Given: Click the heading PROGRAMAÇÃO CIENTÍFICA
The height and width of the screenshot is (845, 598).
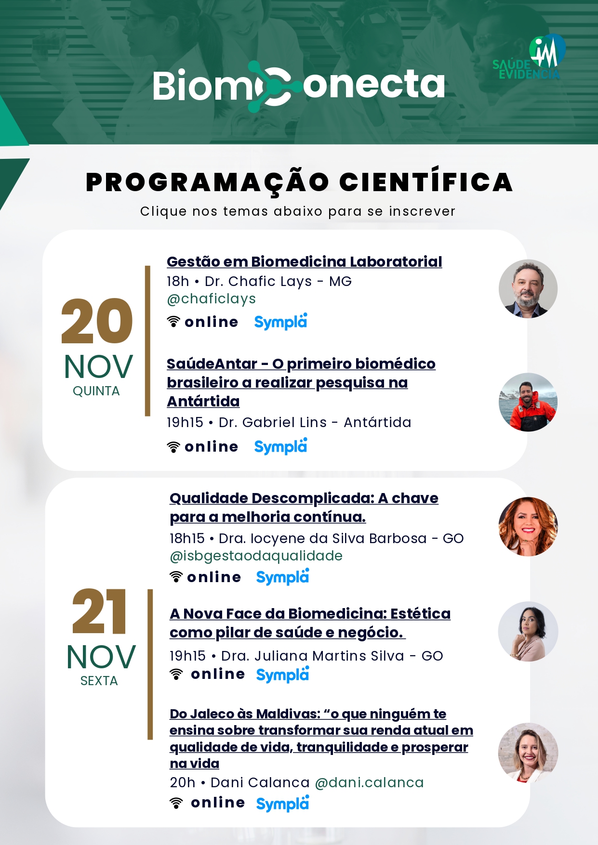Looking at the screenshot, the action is (x=299, y=182).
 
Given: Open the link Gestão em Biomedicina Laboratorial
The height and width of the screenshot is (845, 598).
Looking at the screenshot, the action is (x=304, y=261).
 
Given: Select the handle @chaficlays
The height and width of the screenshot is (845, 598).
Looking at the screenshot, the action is (x=211, y=299).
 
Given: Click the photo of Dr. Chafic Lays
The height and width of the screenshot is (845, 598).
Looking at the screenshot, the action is (x=528, y=289).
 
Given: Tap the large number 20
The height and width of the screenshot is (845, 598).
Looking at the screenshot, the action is (x=97, y=321).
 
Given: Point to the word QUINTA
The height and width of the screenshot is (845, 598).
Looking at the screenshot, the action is (x=96, y=391).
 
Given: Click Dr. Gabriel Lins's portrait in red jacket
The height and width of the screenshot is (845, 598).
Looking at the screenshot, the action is (x=528, y=402).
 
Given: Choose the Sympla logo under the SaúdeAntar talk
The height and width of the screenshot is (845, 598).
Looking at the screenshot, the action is (x=280, y=446).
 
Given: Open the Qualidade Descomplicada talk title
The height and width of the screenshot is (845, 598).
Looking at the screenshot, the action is (x=304, y=507).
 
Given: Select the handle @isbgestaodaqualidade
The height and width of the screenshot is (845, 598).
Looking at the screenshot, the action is (x=256, y=556).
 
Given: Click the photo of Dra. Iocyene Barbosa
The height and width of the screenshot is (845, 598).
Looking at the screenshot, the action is (x=528, y=527).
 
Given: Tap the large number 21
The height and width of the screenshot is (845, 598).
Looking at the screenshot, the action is (x=99, y=611).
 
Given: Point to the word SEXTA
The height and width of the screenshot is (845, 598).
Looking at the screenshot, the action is (x=99, y=681).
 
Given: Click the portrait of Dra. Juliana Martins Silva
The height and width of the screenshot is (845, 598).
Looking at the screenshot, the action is (x=528, y=631).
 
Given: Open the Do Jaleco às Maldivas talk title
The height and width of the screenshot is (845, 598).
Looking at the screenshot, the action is (x=321, y=739).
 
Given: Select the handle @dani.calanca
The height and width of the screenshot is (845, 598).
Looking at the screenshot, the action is (x=369, y=782).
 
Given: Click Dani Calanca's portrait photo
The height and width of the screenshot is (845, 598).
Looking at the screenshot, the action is (x=528, y=753).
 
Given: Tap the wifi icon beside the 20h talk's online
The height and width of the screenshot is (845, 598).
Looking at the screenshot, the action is (x=176, y=803).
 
